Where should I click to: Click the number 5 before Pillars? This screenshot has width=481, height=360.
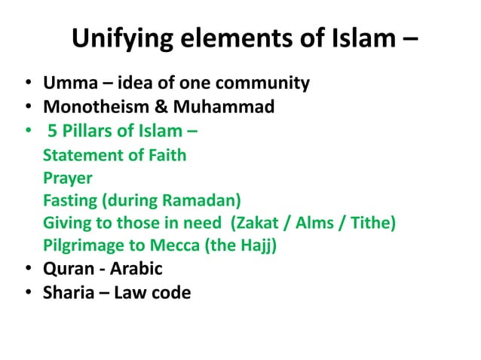tap(53, 133)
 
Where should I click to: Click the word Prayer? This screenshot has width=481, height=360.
tap(68, 179)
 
